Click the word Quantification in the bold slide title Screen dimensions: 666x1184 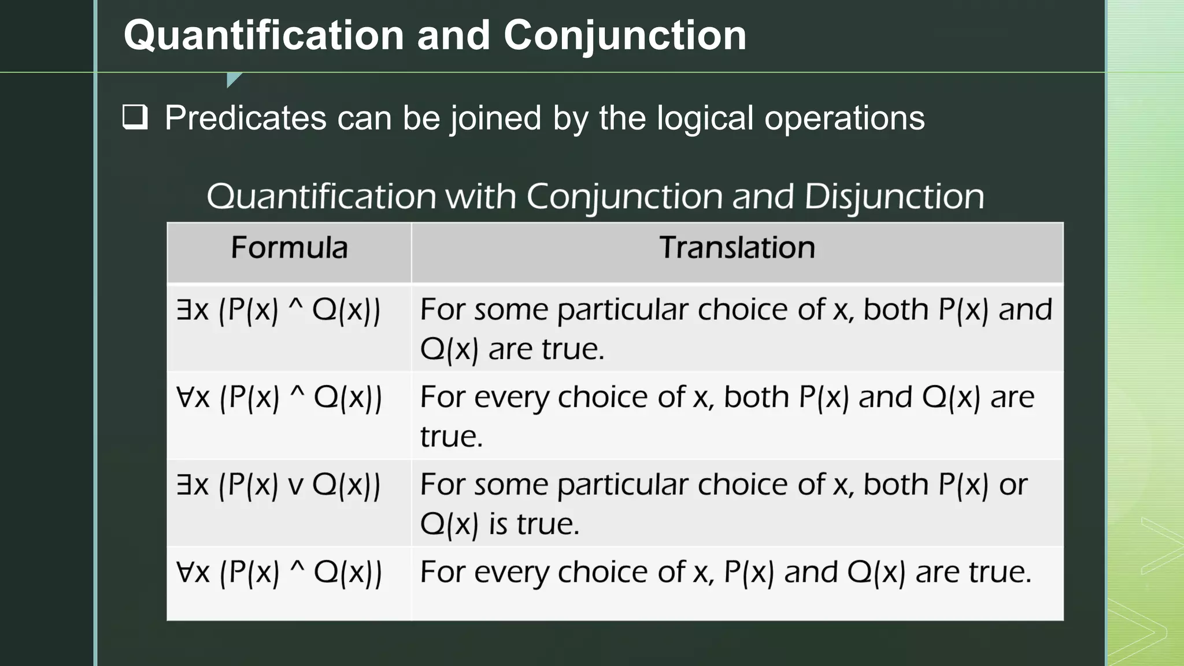tap(264, 36)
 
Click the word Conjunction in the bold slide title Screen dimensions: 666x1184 tap(624, 36)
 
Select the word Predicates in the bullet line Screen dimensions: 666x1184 tap(246, 118)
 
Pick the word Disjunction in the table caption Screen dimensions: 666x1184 tap(894, 197)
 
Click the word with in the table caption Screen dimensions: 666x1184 tap(480, 197)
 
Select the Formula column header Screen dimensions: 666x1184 tap(289, 248)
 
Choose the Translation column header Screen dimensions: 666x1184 tap(737, 248)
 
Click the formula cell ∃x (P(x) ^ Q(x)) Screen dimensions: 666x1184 tap(279, 310)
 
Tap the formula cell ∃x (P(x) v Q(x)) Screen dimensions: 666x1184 tap(279, 485)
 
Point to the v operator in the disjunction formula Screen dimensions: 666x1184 tap(295, 486)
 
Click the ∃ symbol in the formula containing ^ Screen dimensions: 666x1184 tap(184, 310)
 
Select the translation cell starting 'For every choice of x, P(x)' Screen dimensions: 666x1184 tap(726, 572)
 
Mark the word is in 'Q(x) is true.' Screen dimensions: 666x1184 tap(498, 524)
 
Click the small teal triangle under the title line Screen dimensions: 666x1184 tap(233, 79)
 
